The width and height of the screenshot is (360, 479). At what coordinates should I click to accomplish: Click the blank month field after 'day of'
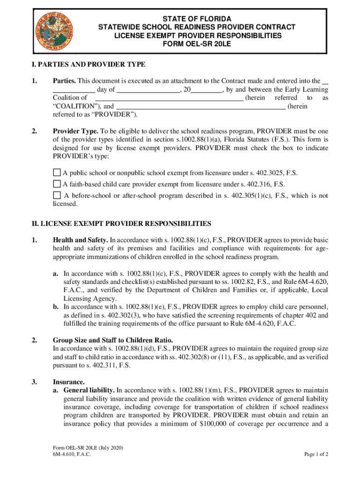[148, 89]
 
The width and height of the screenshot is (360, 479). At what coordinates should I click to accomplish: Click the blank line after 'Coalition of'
[169, 98]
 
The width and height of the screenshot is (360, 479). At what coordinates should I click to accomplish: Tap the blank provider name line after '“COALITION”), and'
[201, 107]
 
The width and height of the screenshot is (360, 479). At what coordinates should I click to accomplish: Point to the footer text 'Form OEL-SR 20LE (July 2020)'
[88, 448]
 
